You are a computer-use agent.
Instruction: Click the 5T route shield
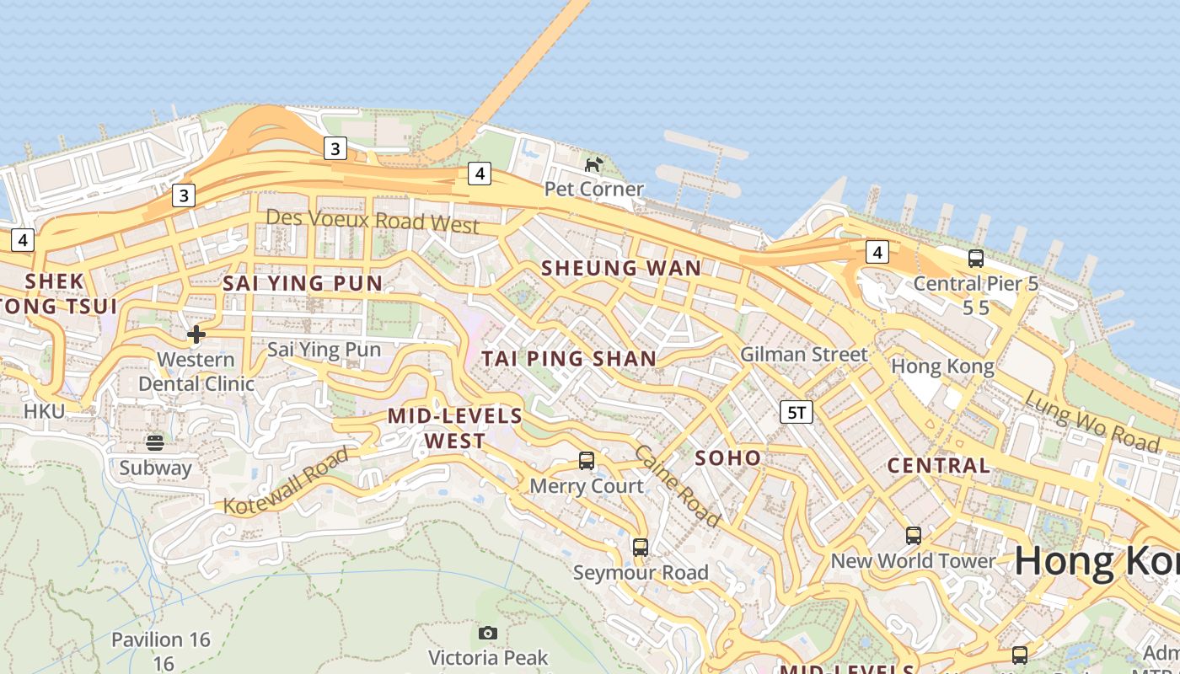click(x=796, y=412)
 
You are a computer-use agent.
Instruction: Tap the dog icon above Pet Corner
click(x=594, y=163)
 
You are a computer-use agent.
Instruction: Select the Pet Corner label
click(x=594, y=189)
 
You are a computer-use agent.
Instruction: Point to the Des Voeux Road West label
click(x=373, y=221)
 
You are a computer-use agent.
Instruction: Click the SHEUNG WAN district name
click(x=620, y=268)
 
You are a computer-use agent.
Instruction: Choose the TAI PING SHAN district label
click(x=569, y=358)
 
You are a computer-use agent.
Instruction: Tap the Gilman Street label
click(x=803, y=355)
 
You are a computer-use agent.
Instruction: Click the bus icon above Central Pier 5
click(x=976, y=259)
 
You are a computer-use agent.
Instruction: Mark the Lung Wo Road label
click(x=1091, y=420)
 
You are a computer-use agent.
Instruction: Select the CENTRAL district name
click(x=938, y=466)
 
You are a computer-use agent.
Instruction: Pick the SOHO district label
click(x=728, y=458)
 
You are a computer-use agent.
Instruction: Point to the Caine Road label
click(x=677, y=486)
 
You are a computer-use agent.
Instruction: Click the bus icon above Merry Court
click(x=587, y=461)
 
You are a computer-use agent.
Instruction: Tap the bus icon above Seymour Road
click(x=641, y=548)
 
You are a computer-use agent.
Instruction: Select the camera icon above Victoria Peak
click(x=488, y=633)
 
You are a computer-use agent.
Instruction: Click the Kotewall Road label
click(x=287, y=482)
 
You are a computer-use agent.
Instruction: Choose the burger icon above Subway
click(x=155, y=442)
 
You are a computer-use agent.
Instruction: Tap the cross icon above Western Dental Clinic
click(x=196, y=334)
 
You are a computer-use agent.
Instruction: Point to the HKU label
click(x=44, y=411)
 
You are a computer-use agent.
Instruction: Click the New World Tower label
click(x=913, y=560)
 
